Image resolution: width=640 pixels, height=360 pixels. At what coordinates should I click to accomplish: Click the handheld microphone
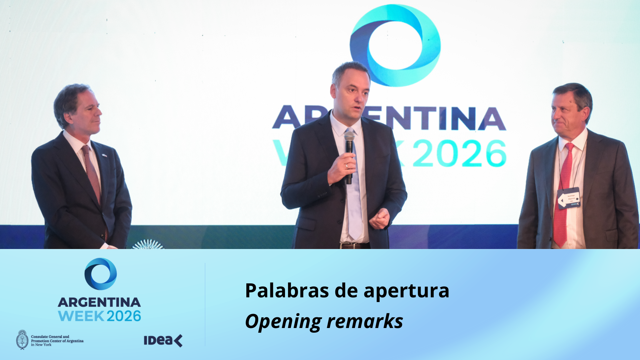coord(349,147)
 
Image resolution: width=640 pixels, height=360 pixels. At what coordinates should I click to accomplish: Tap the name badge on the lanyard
coord(569,198)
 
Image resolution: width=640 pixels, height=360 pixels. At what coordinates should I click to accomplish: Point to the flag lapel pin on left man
coord(104,155)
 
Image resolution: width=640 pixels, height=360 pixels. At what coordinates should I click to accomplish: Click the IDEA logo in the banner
coord(163,341)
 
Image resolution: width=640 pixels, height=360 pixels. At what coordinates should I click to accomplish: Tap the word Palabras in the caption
coord(287,290)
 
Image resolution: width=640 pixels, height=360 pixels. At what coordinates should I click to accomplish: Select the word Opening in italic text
coord(283,322)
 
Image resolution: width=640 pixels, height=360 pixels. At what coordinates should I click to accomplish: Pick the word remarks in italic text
coord(365,322)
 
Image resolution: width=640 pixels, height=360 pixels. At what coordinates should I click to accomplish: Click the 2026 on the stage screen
coord(460,153)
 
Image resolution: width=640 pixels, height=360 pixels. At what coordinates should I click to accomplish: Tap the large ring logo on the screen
coord(395,45)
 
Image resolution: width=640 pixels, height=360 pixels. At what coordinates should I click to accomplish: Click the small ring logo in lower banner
coord(101,274)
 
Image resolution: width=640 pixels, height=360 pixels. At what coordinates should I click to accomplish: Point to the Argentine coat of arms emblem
coord(22,340)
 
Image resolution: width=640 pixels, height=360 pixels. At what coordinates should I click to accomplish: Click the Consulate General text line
coord(50,337)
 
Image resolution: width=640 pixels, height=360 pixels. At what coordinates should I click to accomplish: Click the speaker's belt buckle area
coord(353,246)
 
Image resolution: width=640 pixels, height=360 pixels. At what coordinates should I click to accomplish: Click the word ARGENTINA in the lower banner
coord(99,302)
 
